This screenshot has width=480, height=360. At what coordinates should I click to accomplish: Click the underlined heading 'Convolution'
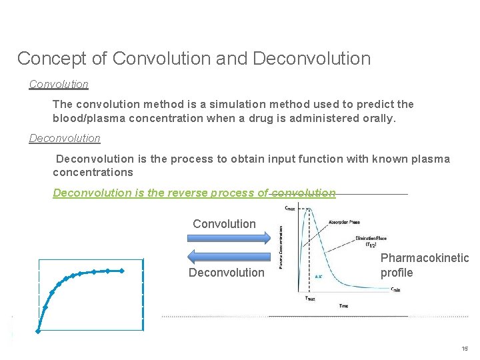[59, 85]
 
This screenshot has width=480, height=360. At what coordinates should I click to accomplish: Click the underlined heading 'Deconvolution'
[65, 139]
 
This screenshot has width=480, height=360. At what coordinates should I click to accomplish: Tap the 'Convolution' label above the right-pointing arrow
[224, 224]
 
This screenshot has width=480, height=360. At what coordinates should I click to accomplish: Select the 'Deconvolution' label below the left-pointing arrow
[226, 273]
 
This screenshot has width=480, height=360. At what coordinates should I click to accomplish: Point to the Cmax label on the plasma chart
[290, 208]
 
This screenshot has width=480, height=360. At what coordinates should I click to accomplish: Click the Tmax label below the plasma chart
[310, 298]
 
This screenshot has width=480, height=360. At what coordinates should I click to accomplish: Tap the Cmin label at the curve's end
[395, 289]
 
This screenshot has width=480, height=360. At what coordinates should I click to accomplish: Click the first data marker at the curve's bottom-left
[39, 329]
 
